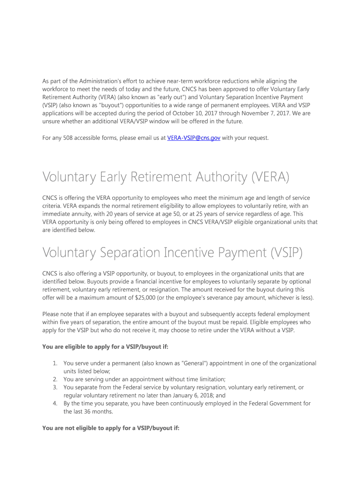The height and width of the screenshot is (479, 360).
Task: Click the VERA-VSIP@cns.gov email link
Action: pos(194,138)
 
